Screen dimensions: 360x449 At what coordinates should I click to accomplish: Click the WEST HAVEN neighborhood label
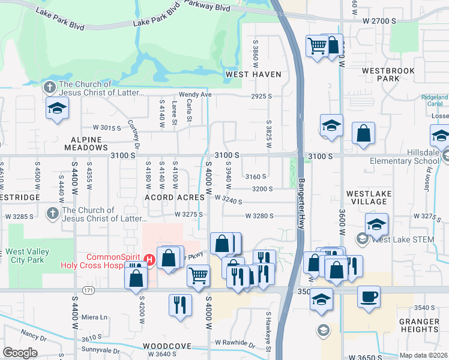pyautogui.click(x=253, y=74)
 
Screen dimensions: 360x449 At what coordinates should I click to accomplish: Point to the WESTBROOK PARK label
pyautogui.click(x=388, y=74)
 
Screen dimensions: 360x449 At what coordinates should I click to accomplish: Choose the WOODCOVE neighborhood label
pyautogui.click(x=167, y=346)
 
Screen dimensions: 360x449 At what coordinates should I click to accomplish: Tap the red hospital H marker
pyautogui.click(x=150, y=260)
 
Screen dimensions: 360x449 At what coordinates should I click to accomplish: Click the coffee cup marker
pyautogui.click(x=368, y=295)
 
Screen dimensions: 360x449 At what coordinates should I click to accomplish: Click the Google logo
pyautogui.click(x=19, y=353)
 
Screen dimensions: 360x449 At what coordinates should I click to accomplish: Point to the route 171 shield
pyautogui.click(x=89, y=290)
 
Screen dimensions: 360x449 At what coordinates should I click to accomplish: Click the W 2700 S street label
pyautogui.click(x=379, y=20)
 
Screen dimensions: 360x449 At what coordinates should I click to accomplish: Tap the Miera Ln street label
pyautogui.click(x=95, y=317)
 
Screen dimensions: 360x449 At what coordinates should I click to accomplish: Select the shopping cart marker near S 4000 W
pyautogui.click(x=198, y=275)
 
